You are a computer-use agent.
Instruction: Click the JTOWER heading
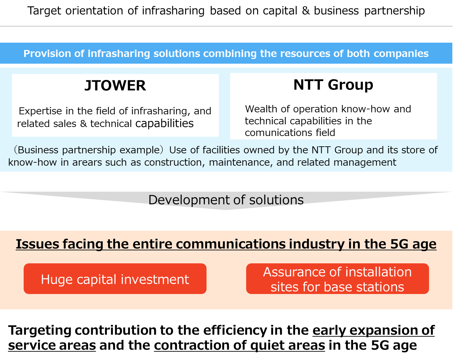[x=115, y=85]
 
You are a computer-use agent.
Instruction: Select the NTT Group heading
[x=333, y=85]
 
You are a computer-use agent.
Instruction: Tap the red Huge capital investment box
[x=115, y=278]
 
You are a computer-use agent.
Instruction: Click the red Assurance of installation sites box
[x=337, y=278]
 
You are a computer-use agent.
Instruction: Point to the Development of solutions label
[x=226, y=200]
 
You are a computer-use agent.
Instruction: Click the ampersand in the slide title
[x=306, y=11]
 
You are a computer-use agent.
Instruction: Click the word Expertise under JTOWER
[x=40, y=111]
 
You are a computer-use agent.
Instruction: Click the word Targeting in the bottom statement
[x=40, y=331]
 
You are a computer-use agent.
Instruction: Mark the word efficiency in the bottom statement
[x=235, y=331]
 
